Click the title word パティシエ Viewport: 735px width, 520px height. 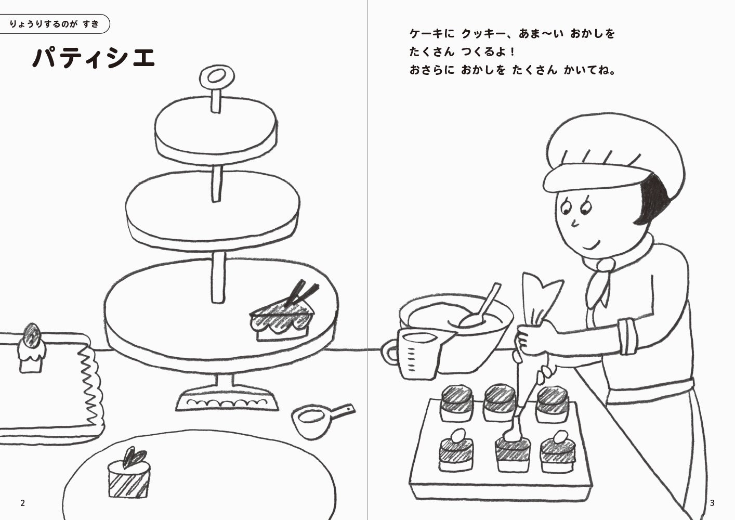pos(94,57)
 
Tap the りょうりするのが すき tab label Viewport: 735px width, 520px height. pos(54,24)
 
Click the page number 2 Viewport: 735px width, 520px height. pos(23,503)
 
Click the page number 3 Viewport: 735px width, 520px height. pos(712,503)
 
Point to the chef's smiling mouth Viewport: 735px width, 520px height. pos(590,244)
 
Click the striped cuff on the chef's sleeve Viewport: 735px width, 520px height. pos(628,336)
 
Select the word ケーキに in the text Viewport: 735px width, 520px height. pos(432,34)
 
